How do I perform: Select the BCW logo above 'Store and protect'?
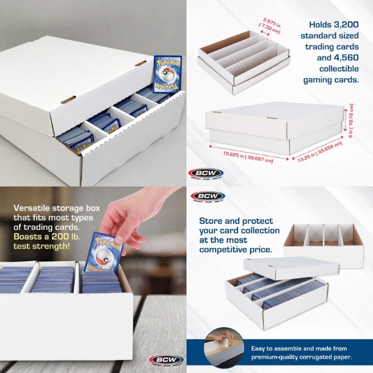point(208,197)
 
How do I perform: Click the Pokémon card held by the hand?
point(103,252)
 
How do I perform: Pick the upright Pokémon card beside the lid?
point(167,73)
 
